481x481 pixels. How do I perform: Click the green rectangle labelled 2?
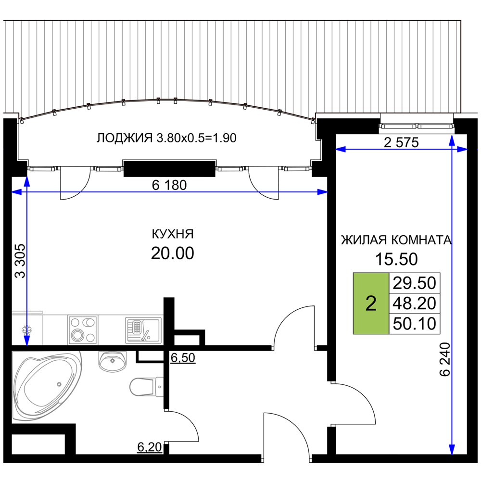[371, 303]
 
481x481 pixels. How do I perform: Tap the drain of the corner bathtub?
[59, 384]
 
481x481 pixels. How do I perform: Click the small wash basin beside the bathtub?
[113, 361]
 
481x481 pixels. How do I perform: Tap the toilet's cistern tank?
[159, 387]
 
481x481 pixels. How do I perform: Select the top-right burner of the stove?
[89, 322]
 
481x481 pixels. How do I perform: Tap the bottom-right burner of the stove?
[90, 337]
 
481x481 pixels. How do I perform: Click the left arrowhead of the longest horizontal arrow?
[15, 192]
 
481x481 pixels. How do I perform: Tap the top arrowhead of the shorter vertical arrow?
[27, 180]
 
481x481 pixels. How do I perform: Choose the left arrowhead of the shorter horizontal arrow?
[340, 149]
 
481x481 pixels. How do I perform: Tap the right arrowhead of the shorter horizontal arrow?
[463, 149]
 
